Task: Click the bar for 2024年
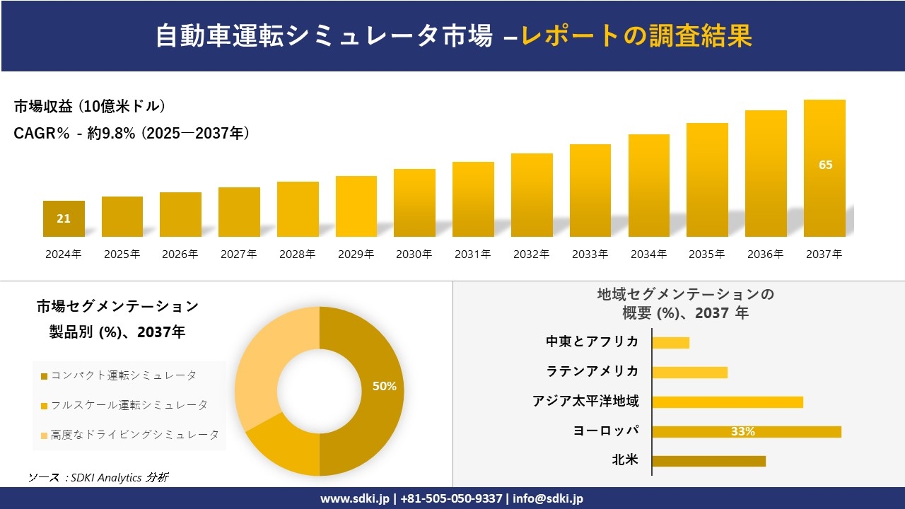64,219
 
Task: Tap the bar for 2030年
414,203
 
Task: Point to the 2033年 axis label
590,255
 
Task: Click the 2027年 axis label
238,255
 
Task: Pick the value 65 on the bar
825,165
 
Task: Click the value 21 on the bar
64,218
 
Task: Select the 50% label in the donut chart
384,386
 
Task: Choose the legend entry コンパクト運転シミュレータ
123,375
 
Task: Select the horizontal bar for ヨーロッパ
747,431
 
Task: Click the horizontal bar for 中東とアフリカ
670,342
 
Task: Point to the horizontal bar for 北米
708,461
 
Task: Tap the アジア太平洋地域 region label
585,402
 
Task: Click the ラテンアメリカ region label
592,371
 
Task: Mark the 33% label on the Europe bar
742,431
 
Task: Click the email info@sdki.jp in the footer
549,498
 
